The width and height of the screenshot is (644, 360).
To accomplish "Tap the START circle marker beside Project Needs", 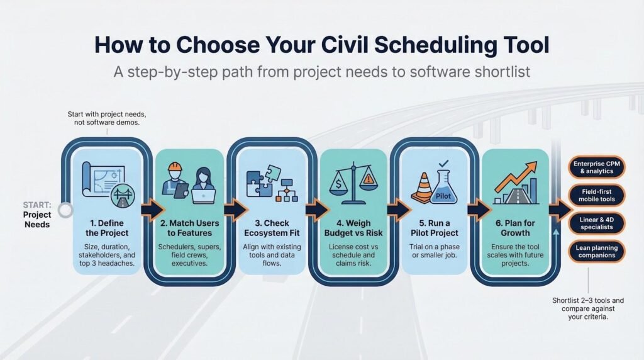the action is click(x=65, y=210).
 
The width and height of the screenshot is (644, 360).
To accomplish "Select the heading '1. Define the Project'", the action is click(x=107, y=228).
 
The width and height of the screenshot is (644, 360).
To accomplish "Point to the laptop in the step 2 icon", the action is click(x=204, y=196).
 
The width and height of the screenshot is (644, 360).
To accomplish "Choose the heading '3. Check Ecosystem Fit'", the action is click(x=272, y=228).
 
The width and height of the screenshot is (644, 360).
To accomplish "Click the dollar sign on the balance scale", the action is click(x=338, y=184).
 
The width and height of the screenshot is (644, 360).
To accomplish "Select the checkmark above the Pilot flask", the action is click(x=443, y=163).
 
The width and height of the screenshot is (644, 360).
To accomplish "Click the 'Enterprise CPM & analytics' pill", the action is click(x=597, y=167).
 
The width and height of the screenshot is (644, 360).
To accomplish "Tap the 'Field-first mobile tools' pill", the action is click(x=597, y=195).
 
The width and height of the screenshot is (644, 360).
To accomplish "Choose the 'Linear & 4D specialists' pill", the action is click(x=597, y=223).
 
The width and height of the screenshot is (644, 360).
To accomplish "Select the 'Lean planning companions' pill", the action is click(x=597, y=251).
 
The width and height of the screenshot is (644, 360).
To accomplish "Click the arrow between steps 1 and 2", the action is click(x=153, y=210).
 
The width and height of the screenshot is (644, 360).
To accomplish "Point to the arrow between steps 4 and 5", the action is click(x=399, y=210).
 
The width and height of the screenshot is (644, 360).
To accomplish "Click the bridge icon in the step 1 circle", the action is click(x=123, y=195).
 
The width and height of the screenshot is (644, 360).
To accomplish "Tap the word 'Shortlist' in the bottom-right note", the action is click(x=565, y=300).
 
